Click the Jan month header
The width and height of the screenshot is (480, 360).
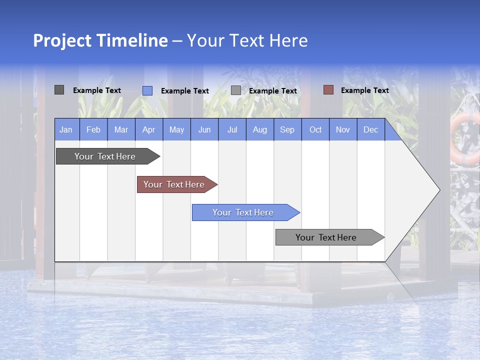coord(66,129)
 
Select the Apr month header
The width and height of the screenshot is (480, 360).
coord(148,129)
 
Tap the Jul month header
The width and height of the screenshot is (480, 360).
coord(232,129)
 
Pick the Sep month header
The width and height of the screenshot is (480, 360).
coord(287,129)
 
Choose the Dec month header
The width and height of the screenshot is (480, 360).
coord(370,129)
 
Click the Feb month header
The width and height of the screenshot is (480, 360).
coord(93,129)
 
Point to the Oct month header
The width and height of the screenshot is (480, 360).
coord(315,129)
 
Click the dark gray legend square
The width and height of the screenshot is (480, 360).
coord(59,90)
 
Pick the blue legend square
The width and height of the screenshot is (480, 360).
coord(147,90)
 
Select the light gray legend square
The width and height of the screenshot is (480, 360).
coord(236,90)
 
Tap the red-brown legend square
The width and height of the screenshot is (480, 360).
coord(328,90)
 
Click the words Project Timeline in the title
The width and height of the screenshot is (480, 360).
coord(100,40)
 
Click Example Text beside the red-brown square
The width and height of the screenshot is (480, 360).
coord(364,90)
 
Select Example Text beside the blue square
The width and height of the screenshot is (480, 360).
coord(184,91)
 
